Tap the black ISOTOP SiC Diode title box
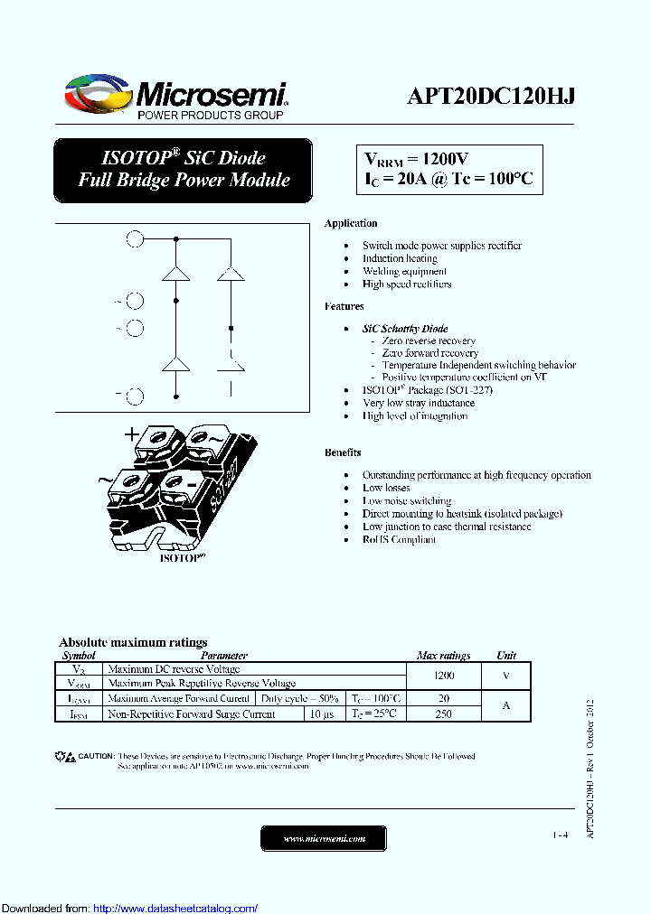tap(184, 169)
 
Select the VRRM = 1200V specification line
tap(417, 158)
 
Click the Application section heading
tap(351, 223)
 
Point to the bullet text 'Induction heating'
tap(400, 258)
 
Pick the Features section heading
tap(344, 306)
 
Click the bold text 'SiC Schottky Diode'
tap(405, 329)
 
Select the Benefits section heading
tap(343, 452)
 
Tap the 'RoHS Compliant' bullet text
tap(399, 539)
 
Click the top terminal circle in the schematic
tap(134, 239)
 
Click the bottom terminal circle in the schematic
tap(135, 396)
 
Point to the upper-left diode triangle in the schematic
tap(175, 273)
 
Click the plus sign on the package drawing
tap(132, 434)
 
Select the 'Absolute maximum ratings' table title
tap(133, 642)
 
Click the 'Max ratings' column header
tap(443, 655)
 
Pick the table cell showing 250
tap(443, 713)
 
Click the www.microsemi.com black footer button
tap(324, 839)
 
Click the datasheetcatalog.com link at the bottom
tap(175, 908)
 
